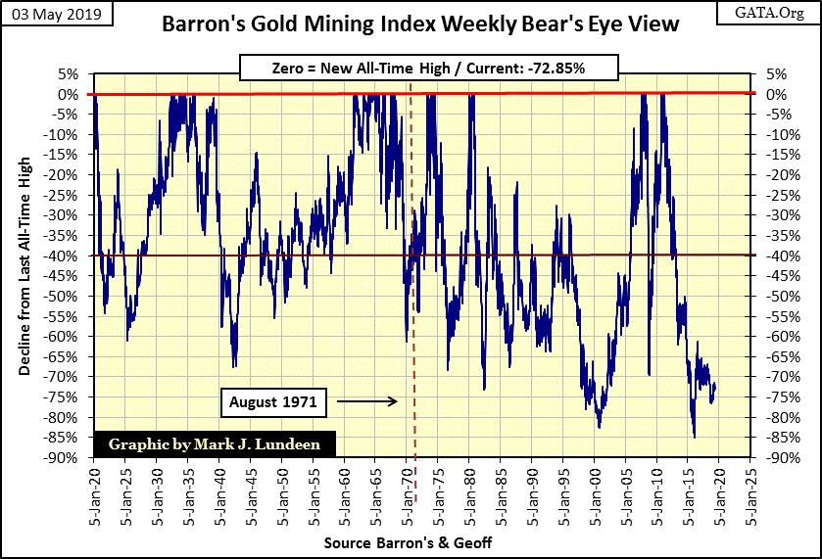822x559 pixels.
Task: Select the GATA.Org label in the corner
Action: tap(774, 14)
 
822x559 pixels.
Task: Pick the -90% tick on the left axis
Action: tap(67, 457)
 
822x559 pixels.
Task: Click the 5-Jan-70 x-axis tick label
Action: tap(409, 495)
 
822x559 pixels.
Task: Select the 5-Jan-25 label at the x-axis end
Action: tap(751, 495)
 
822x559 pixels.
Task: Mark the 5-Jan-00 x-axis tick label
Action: tap(596, 495)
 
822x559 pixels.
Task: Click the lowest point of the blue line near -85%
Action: tap(695, 438)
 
